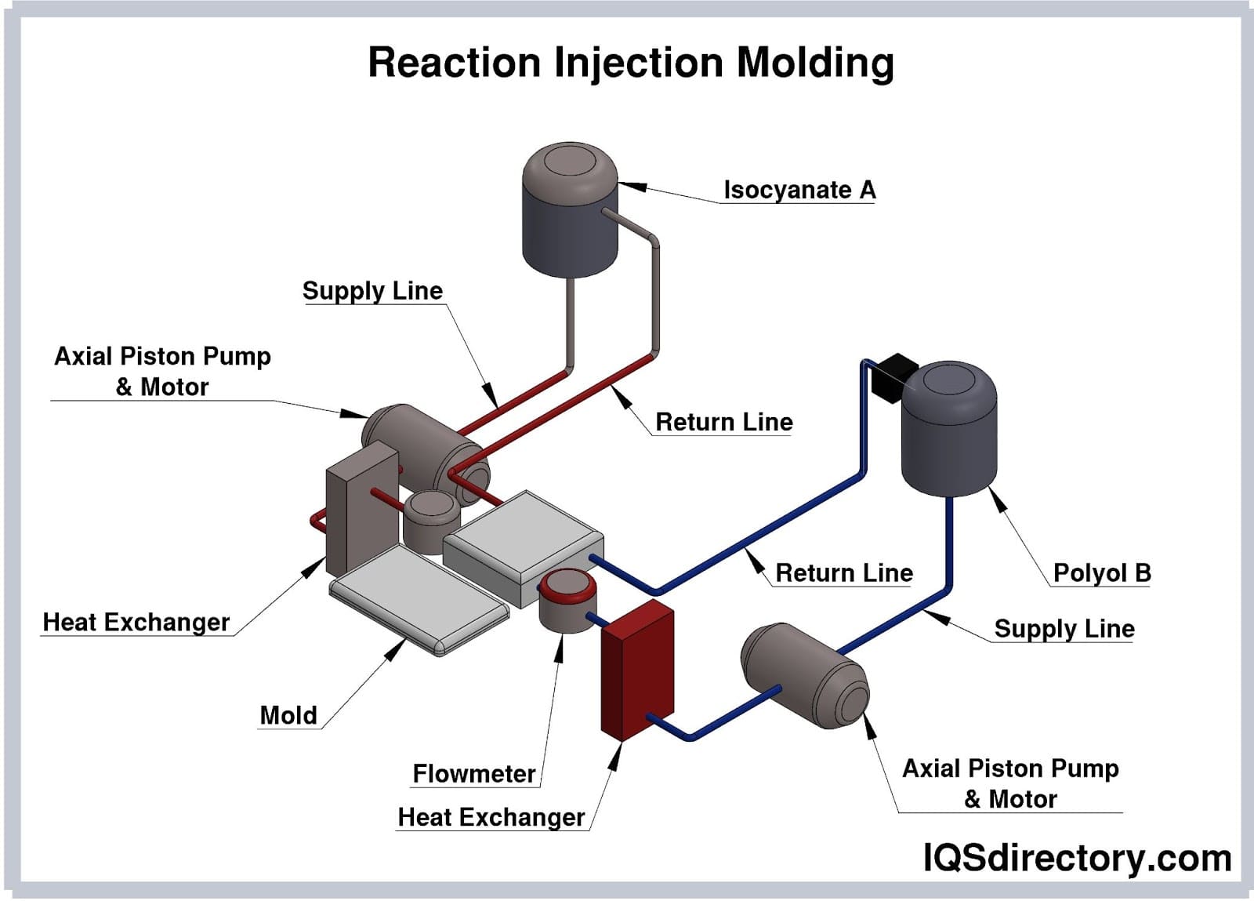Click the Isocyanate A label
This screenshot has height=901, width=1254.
click(x=799, y=190)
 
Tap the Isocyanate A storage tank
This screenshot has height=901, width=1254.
click(x=570, y=212)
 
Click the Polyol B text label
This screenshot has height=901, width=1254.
click(x=1101, y=573)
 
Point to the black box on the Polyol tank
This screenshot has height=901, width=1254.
click(x=893, y=376)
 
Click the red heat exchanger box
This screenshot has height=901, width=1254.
click(x=636, y=670)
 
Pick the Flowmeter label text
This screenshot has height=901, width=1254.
click(x=474, y=774)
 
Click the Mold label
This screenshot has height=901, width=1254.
click(x=288, y=715)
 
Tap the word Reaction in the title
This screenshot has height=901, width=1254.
click(x=455, y=63)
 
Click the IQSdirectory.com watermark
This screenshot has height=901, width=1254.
click(x=1077, y=858)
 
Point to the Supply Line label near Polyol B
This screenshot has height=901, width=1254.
click(x=1064, y=629)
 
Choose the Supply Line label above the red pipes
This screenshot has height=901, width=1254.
click(x=372, y=291)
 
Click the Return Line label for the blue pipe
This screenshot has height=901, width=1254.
click(x=843, y=573)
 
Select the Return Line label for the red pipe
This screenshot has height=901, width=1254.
click(x=723, y=422)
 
